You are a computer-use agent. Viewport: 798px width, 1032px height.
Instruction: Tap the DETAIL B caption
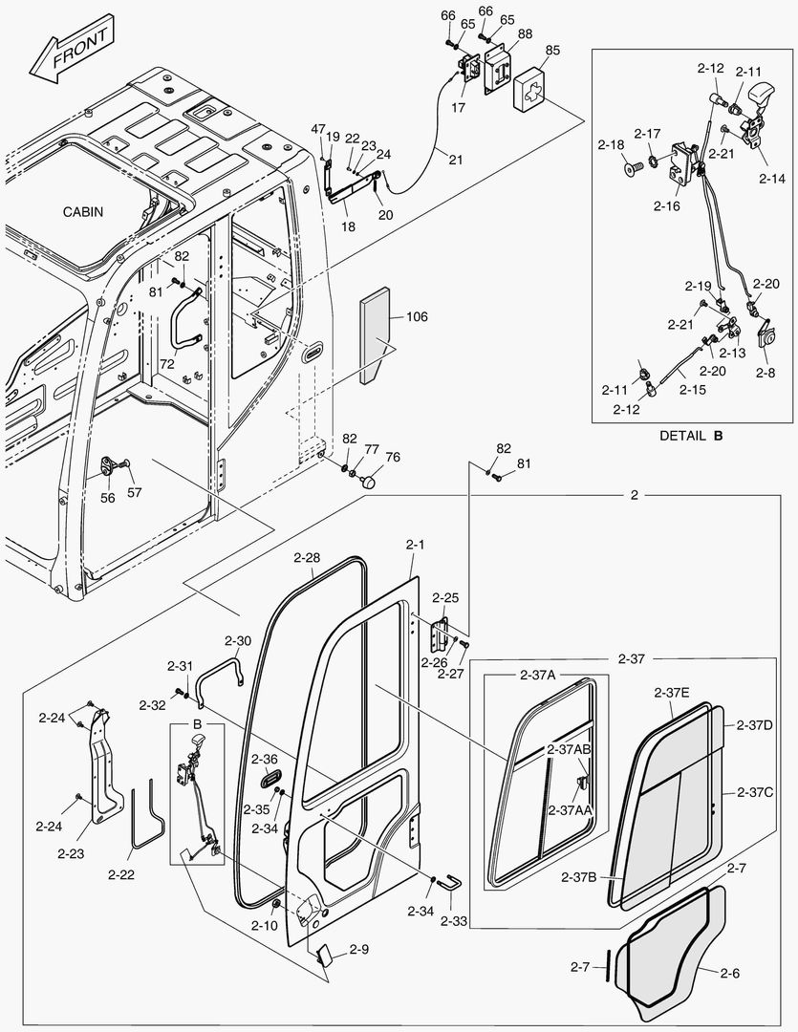[690, 435]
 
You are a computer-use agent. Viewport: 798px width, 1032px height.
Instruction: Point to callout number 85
[552, 49]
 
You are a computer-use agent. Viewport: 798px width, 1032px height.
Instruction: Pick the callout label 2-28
[307, 557]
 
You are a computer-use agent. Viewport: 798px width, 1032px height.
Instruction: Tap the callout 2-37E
[673, 692]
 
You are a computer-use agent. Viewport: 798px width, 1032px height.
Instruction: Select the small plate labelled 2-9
[325, 956]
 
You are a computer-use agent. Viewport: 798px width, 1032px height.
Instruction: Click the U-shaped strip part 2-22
[143, 817]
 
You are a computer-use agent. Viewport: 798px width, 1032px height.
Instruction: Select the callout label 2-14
[772, 178]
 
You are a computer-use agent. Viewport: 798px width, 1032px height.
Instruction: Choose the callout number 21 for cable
[455, 160]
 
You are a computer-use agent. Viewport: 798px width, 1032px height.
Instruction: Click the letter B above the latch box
[198, 724]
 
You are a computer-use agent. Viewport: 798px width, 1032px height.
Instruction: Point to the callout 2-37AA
[570, 809]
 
